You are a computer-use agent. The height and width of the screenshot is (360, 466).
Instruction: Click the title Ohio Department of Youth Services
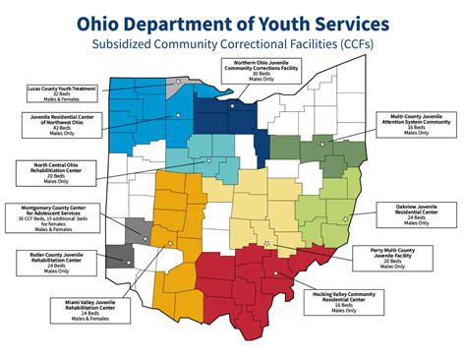232,23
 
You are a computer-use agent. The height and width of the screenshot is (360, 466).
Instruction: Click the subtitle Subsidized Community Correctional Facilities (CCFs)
232,44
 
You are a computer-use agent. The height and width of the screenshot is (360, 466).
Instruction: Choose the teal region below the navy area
202,152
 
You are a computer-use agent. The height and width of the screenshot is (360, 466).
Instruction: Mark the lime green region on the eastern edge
334,202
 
